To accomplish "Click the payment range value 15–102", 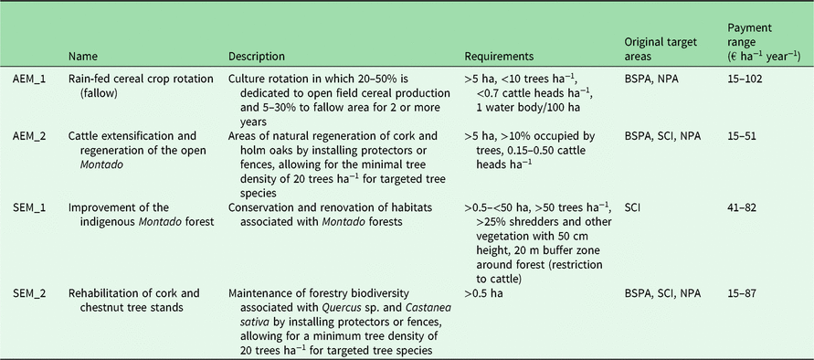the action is click(746, 79).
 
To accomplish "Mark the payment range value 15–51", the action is click(743, 135).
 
